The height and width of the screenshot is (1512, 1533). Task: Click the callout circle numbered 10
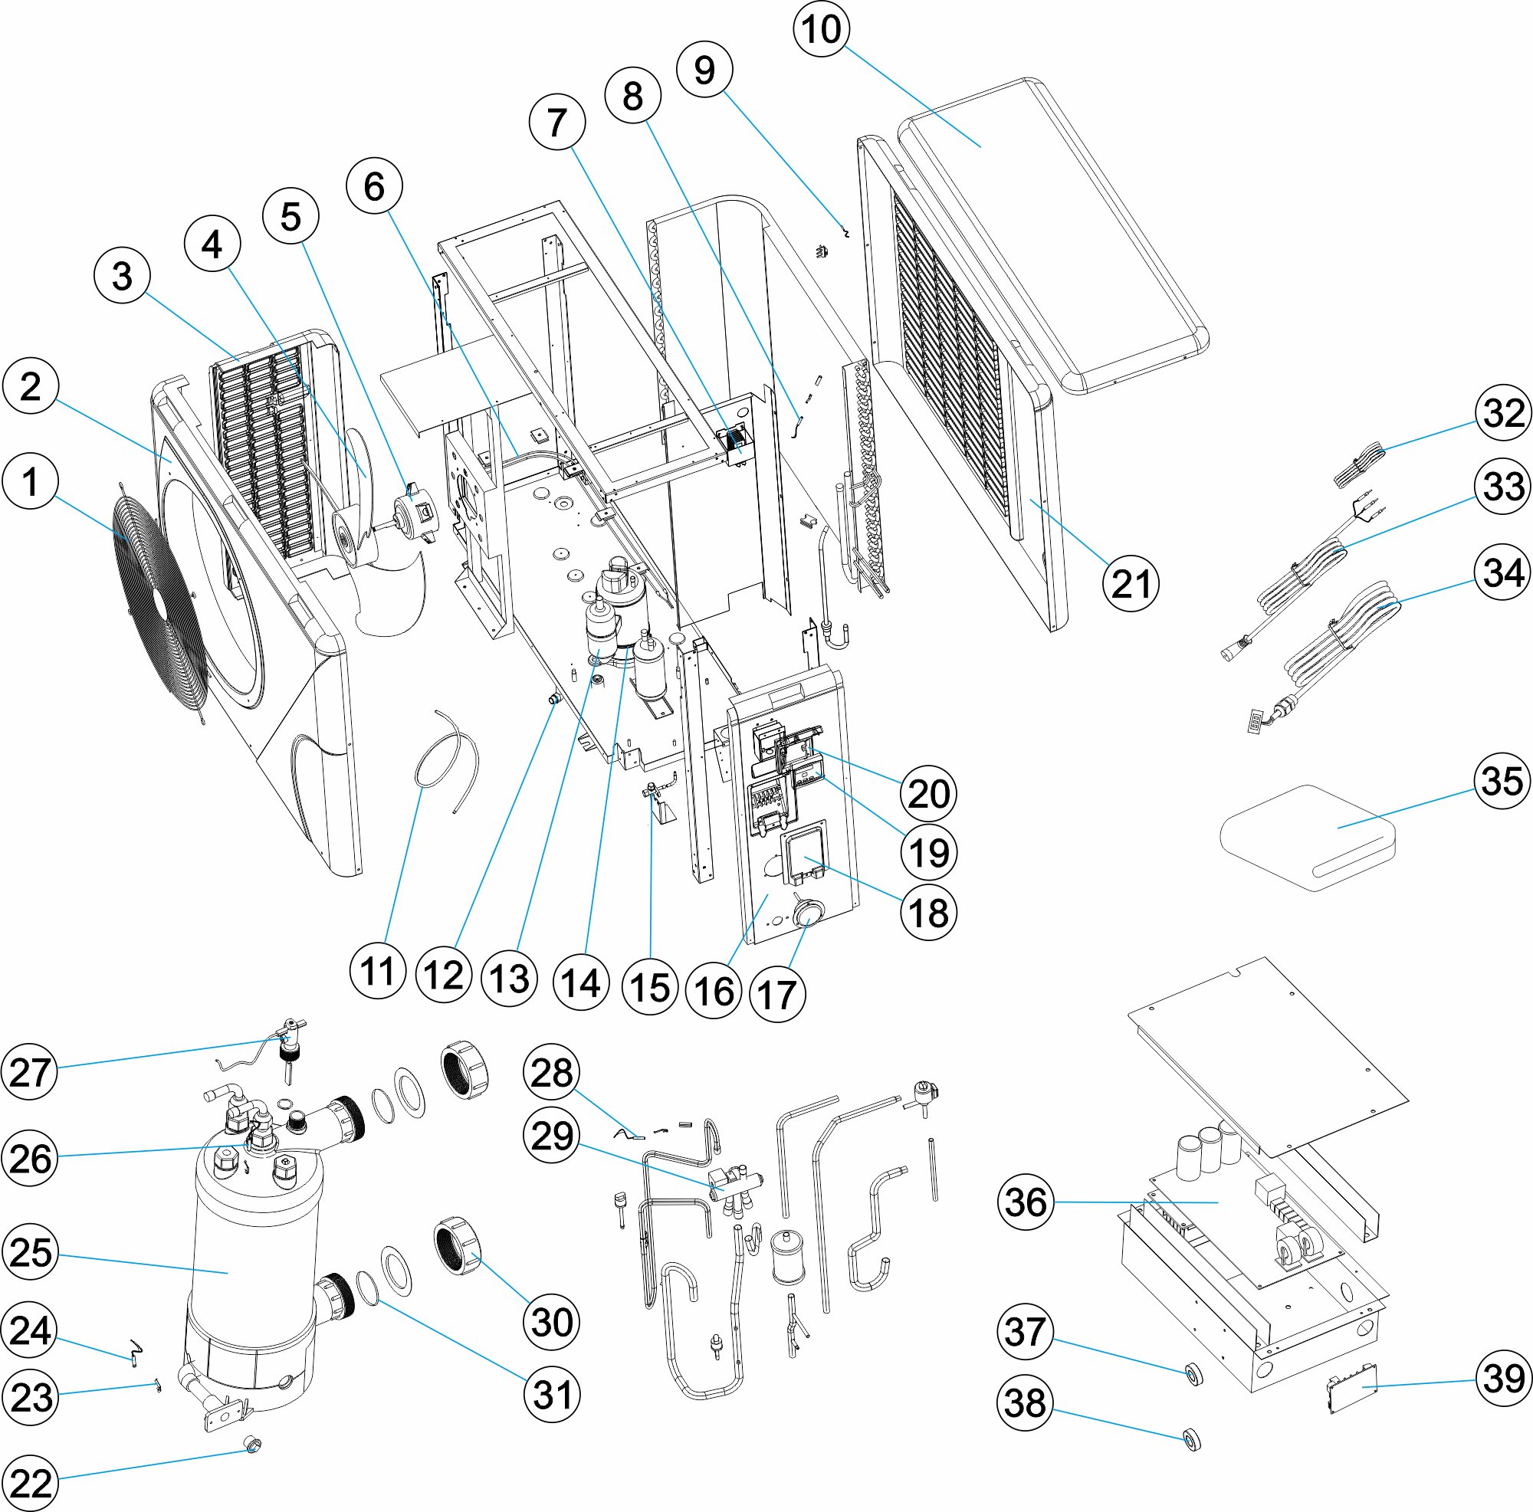pos(820,30)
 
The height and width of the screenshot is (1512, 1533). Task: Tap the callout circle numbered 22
pos(30,1483)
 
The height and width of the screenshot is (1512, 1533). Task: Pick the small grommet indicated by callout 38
pos(1191,1438)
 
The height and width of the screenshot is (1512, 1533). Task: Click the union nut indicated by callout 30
pos(459,1244)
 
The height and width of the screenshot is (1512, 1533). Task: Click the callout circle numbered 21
pos(1130,585)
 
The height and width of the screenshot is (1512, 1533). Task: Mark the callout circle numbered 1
pos(30,481)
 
